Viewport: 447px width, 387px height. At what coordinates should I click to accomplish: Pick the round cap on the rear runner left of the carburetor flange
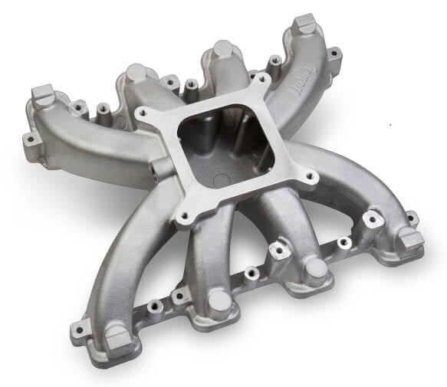tap(137, 73)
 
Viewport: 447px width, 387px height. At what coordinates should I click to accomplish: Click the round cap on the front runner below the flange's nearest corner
tap(219, 300)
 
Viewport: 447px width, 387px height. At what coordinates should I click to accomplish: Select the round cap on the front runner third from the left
tap(315, 267)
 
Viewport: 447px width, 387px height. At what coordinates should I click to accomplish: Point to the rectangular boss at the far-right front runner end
tap(410, 238)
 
